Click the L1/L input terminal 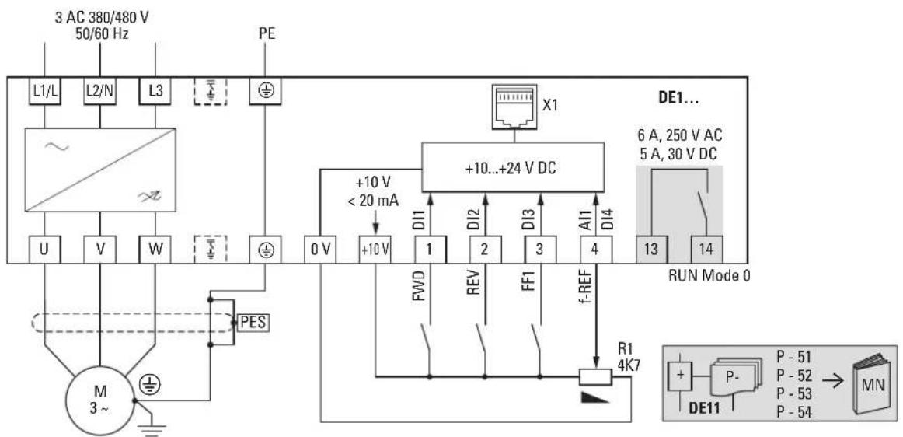tap(45, 92)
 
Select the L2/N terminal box tap(100, 92)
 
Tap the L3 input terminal tap(155, 92)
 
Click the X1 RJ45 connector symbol tap(514, 106)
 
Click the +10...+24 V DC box tap(514, 167)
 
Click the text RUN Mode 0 tap(709, 275)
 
